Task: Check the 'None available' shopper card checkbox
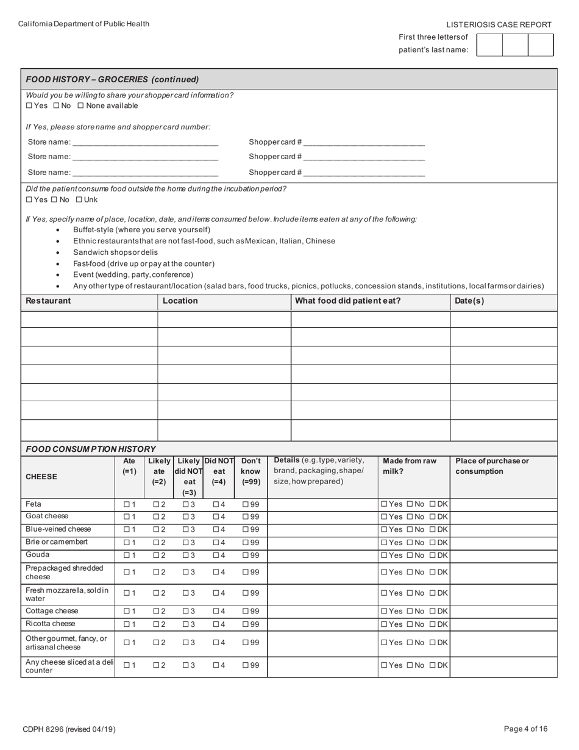[x=80, y=106]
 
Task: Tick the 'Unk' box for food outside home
[x=79, y=200]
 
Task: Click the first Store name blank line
[x=145, y=143]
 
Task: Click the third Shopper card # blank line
[x=364, y=173]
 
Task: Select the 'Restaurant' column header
[x=48, y=301]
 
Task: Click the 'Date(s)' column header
[x=469, y=301]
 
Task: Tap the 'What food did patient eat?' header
[x=348, y=301]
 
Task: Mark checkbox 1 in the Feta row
[x=126, y=505]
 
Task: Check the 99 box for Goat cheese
[x=246, y=517]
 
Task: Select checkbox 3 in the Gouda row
[x=185, y=555]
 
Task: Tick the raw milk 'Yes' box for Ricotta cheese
[x=384, y=624]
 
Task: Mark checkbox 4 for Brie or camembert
[x=216, y=543]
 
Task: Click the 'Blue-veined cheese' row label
[x=58, y=529]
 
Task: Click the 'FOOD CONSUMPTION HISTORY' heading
[x=91, y=449]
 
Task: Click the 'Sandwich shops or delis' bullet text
[x=115, y=252]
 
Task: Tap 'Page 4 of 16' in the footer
[x=525, y=729]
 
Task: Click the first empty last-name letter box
[x=489, y=45]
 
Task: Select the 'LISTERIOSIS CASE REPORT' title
[x=499, y=25]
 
